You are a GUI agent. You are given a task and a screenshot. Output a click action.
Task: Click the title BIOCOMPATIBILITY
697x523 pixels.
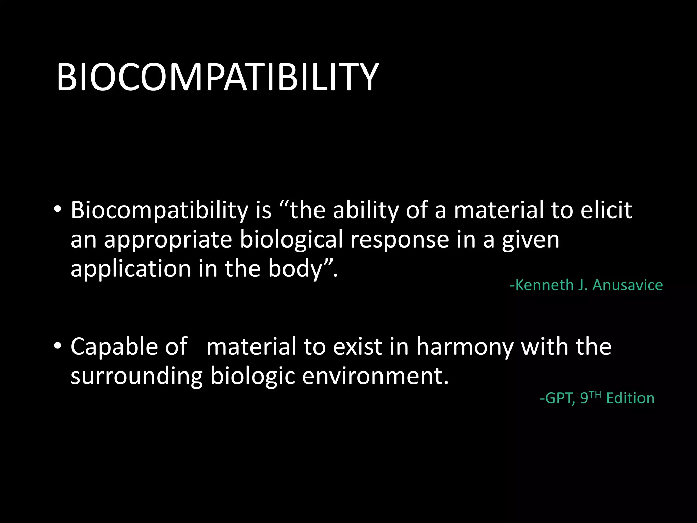pos(217,78)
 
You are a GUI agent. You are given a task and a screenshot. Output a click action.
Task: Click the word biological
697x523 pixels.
pos(291,239)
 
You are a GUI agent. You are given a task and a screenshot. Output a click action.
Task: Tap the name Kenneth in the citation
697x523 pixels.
pos(545,285)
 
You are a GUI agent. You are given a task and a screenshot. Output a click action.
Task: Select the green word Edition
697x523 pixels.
pos(630,398)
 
